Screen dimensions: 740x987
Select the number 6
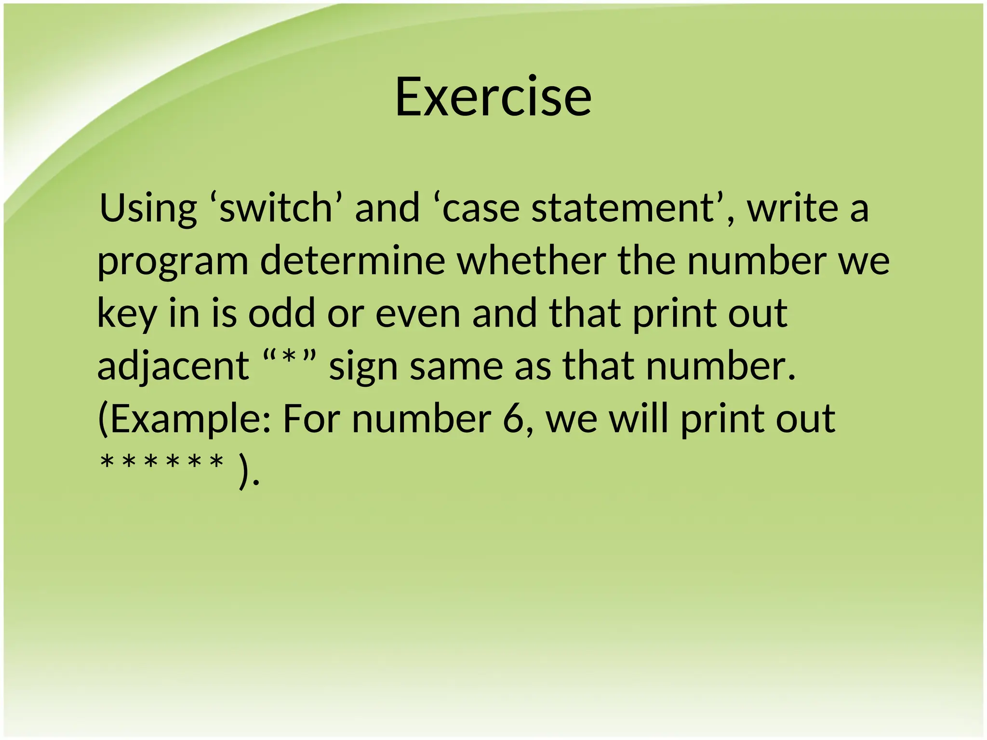tap(514, 419)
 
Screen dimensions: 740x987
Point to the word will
tap(639, 418)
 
